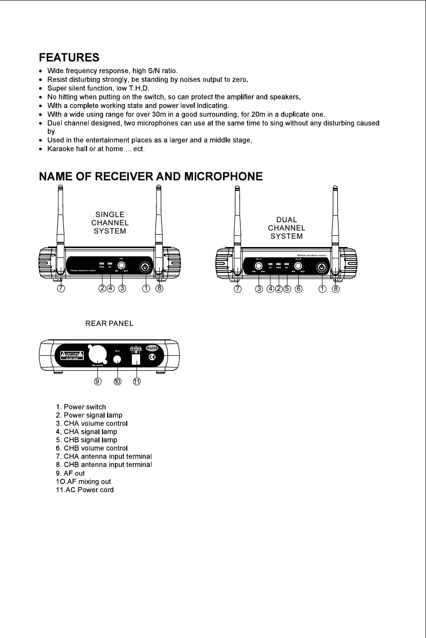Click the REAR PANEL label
[109, 324]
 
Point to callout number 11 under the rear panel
[137, 382]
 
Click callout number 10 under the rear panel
[117, 382]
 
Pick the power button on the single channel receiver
[146, 268]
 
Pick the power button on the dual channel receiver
[322, 267]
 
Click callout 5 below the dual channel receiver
[287, 289]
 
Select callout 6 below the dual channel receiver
[298, 289]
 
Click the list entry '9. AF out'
[71, 473]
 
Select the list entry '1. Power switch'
[81, 407]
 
